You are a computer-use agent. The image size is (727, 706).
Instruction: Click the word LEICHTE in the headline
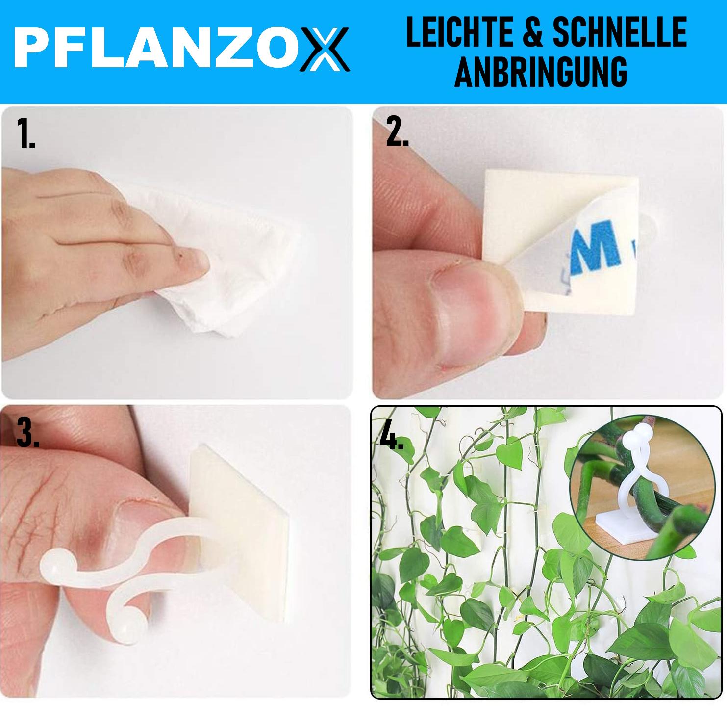pos(459,32)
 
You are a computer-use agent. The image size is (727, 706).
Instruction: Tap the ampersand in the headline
pos(532,32)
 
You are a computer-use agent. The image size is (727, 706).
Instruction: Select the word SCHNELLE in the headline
pos(620,32)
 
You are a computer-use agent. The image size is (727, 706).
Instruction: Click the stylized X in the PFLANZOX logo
pos(324,49)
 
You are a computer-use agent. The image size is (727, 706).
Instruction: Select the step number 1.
pos(25,133)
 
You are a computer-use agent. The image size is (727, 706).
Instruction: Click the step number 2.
pos(397,131)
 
